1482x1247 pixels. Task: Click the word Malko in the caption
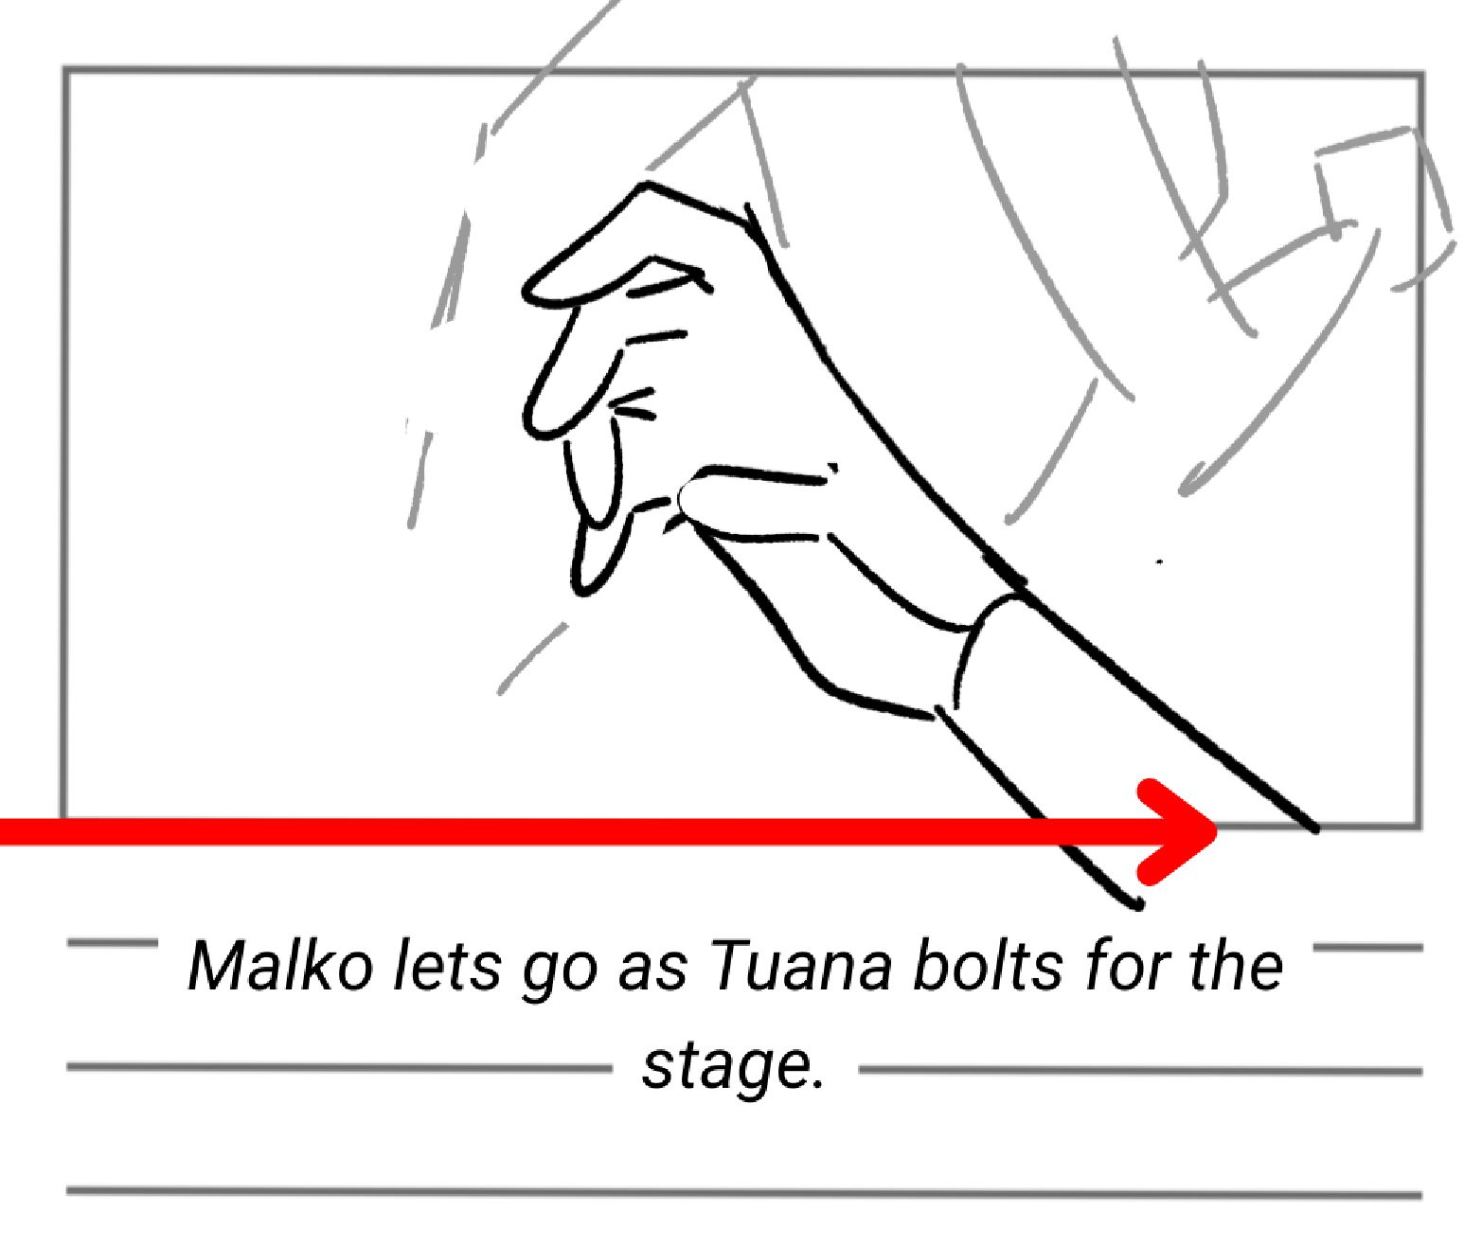279,966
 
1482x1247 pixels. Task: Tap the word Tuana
800,966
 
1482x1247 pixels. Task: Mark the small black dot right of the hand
1160,561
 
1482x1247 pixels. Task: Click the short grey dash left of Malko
112,943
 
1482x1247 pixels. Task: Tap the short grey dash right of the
1368,947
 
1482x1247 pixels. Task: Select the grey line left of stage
339,1067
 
